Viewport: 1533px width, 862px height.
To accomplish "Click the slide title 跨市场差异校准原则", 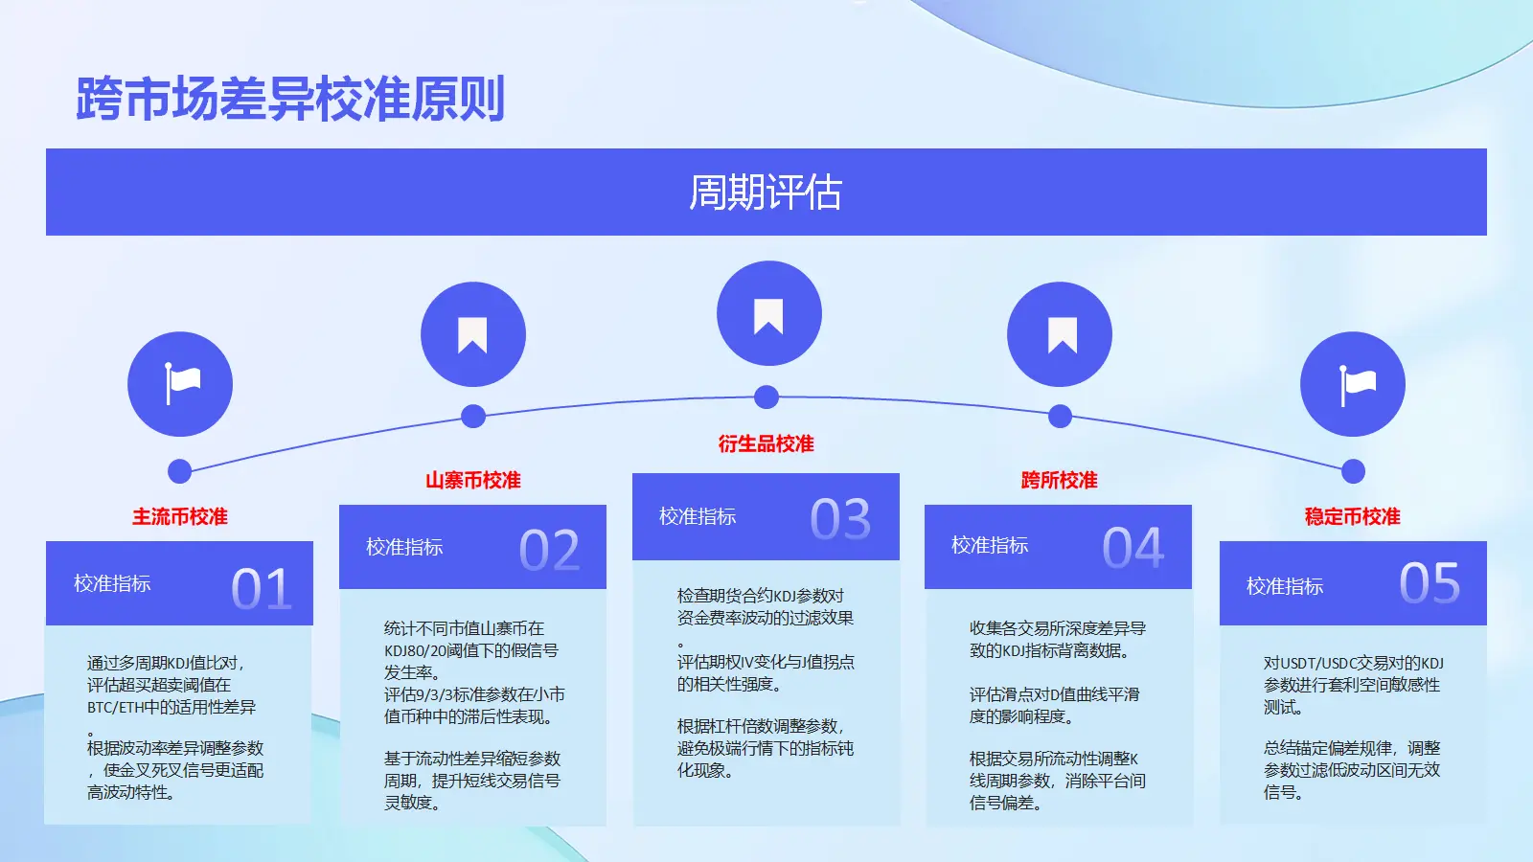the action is point(290,100).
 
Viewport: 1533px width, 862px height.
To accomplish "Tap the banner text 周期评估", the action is point(766,193).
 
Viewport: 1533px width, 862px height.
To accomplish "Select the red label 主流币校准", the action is point(180,516).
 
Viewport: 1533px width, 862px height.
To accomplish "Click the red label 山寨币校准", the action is point(473,480).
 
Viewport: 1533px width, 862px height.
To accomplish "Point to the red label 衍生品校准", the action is point(766,444).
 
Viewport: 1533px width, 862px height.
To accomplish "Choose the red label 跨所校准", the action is point(1060,480).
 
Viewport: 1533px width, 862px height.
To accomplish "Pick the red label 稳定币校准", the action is point(1352,516).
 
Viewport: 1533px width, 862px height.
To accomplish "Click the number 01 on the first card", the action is point(262,588).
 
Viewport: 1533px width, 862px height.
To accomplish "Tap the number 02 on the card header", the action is point(550,550).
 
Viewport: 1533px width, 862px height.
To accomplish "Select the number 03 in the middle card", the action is point(840,518).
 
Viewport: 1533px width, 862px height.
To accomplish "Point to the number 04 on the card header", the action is point(1133,548).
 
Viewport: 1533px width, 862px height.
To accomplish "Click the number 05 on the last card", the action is point(1430,583).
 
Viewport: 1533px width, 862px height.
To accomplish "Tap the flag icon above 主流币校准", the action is point(182,384).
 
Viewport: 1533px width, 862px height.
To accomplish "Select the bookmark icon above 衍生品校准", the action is point(768,316).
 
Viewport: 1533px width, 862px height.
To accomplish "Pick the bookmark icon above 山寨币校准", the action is point(472,335).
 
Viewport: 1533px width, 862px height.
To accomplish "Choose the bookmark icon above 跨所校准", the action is point(1063,335).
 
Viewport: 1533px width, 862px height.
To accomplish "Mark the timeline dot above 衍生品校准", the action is point(766,397).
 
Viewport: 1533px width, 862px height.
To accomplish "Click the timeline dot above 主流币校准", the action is point(179,471).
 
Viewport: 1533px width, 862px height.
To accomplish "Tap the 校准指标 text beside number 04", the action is point(990,545).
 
